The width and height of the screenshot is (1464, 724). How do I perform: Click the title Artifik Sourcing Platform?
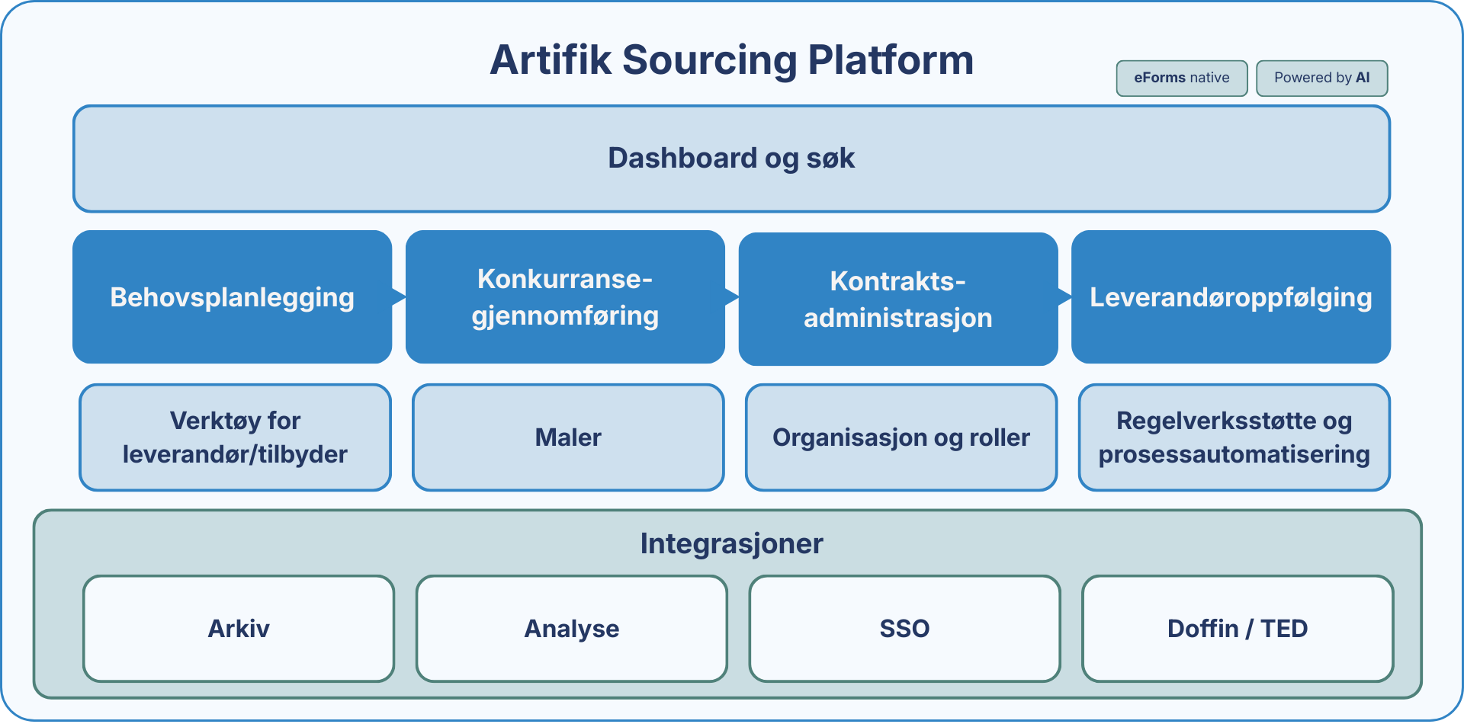tap(731, 60)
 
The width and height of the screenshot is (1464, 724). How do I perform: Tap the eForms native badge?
tap(1181, 78)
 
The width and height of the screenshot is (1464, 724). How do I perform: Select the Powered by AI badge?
tap(1321, 78)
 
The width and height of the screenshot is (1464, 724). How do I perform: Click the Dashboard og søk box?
tap(731, 159)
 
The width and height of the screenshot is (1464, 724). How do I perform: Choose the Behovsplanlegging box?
tap(232, 297)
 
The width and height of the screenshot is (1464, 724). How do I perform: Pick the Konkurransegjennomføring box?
tap(565, 297)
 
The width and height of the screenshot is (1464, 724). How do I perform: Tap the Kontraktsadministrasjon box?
tap(897, 300)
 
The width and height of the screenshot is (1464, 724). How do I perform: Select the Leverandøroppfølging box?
tap(1231, 297)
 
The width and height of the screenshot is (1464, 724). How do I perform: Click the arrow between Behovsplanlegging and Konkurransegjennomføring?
tap(399, 296)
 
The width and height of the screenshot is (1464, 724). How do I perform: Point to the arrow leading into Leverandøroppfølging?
tap(1064, 296)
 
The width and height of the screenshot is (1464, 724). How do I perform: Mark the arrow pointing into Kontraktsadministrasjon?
tap(732, 296)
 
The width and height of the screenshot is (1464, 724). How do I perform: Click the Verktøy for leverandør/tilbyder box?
tap(235, 437)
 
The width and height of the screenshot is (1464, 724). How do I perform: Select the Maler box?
tap(568, 437)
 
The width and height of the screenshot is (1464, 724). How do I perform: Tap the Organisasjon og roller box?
tap(901, 437)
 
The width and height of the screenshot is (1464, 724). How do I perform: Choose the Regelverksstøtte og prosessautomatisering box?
tap(1234, 437)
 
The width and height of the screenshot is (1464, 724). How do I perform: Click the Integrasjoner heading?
tap(731, 543)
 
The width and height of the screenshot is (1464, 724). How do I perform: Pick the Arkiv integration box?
tap(239, 629)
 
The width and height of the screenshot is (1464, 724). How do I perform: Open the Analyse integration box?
tap(571, 629)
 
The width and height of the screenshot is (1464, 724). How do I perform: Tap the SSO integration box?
tap(904, 629)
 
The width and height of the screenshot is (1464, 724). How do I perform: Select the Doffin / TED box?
tap(1238, 629)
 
